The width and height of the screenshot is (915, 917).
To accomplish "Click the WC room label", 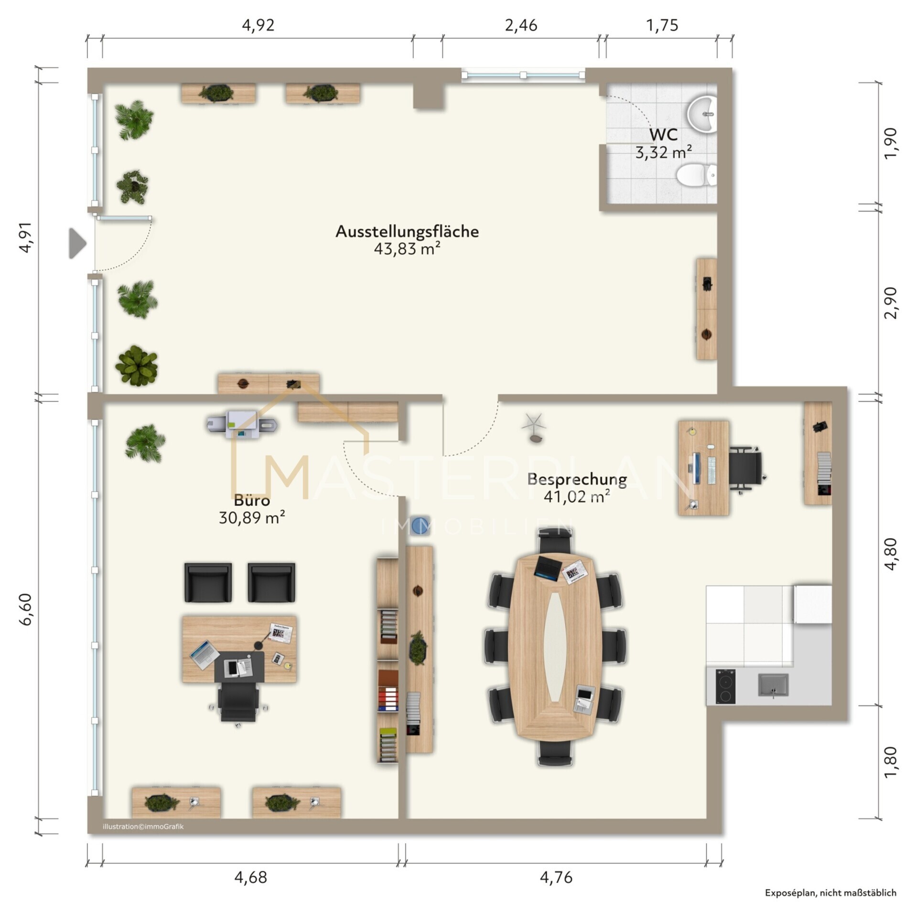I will [x=663, y=135].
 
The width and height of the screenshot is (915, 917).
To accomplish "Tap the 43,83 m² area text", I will [x=407, y=249].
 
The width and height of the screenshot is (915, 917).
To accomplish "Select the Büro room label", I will [x=252, y=501].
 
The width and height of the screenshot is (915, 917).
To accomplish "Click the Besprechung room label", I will [x=577, y=479].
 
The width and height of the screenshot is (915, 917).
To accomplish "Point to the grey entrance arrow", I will [x=77, y=244].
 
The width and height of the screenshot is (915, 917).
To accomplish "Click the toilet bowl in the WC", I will [x=696, y=175].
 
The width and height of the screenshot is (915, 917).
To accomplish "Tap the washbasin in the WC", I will [x=703, y=114].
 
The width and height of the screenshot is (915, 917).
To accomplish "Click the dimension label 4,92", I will [x=258, y=25].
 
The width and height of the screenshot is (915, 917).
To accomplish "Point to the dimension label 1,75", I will [x=662, y=25].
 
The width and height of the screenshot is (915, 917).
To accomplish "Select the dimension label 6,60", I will [x=26, y=609].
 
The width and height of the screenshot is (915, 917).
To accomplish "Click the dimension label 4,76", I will [x=556, y=877].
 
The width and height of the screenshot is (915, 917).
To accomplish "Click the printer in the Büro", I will [x=242, y=423].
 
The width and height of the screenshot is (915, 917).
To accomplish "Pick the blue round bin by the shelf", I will [x=420, y=524].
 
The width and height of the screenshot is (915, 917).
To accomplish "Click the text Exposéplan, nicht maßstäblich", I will [x=830, y=893].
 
